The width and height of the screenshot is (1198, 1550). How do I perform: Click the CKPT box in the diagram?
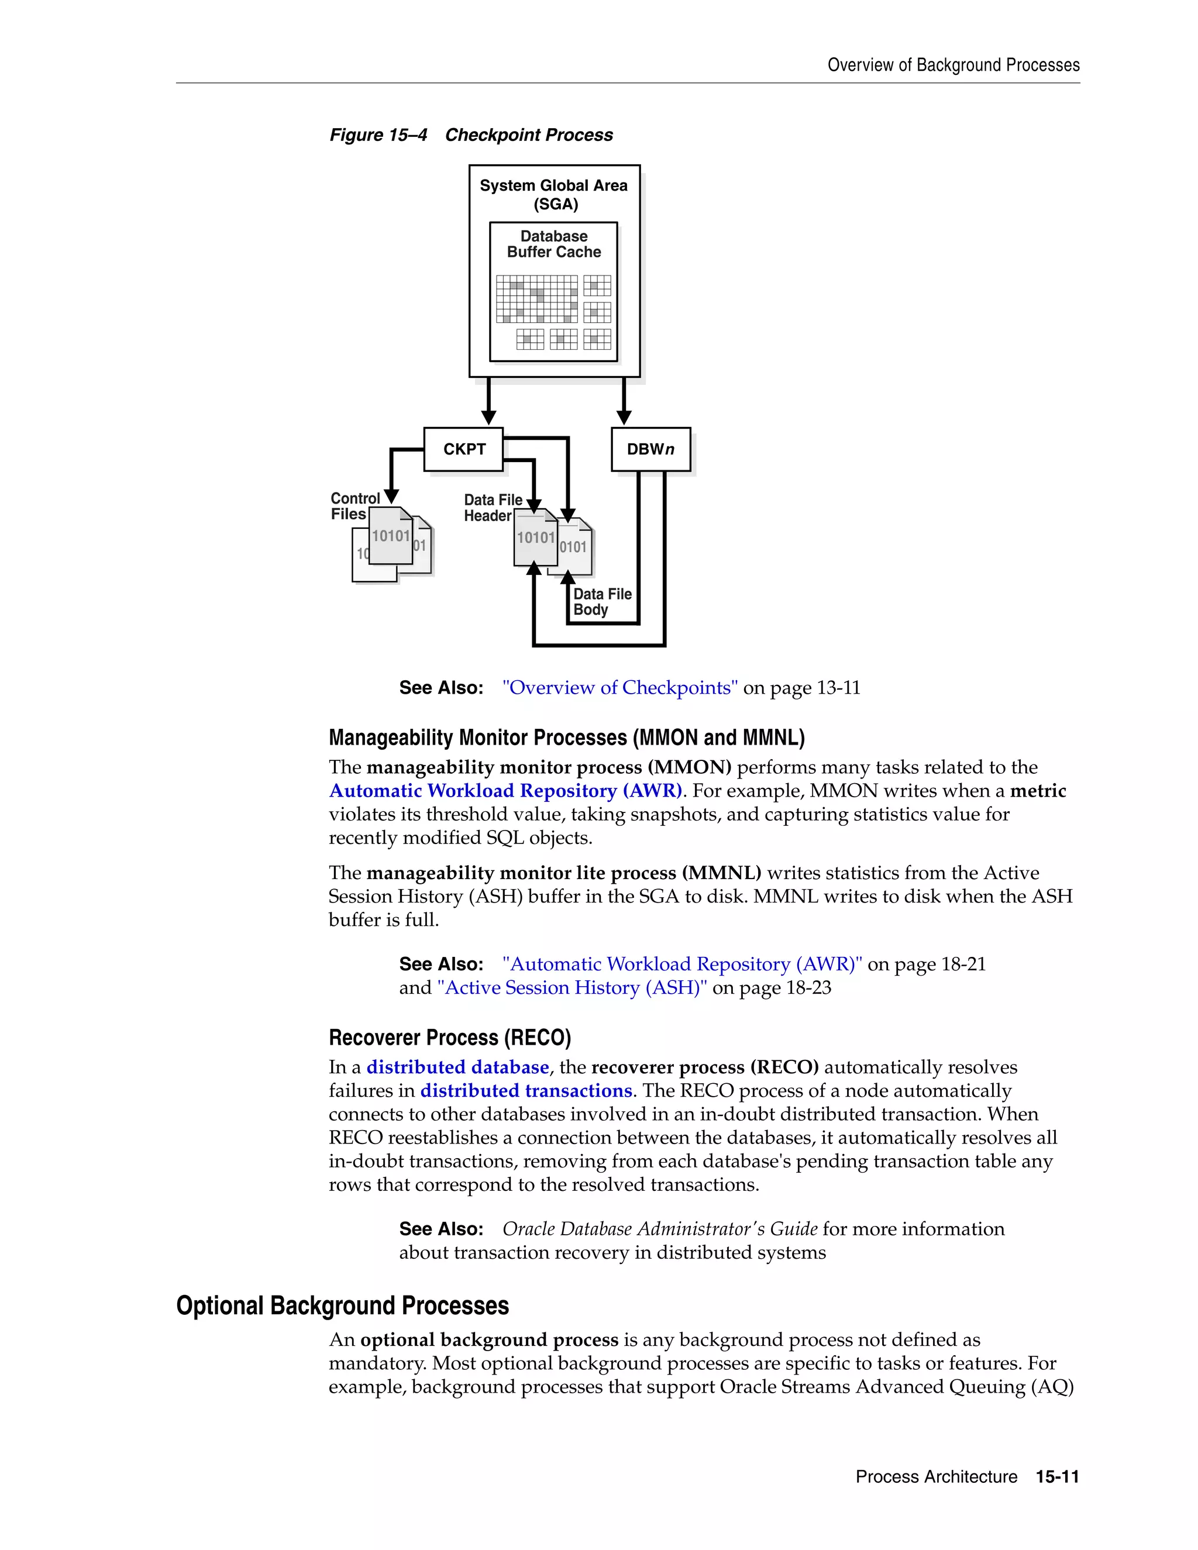pos(463,449)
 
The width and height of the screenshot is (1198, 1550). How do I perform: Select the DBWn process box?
pos(650,449)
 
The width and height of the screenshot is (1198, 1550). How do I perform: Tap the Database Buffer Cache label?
pos(553,244)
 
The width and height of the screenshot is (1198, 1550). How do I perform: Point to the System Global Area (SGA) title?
pos(553,194)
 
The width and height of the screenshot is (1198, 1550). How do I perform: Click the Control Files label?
pos(354,506)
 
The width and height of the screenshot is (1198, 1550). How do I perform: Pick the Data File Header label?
pos(493,508)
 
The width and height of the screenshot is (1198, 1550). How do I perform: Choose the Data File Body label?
pos(602,602)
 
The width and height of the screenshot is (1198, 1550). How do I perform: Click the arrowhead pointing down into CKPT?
pos(488,416)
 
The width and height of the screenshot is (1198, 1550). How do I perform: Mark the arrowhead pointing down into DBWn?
pos(624,416)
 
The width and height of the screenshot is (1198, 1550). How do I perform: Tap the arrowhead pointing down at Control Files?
pos(391,497)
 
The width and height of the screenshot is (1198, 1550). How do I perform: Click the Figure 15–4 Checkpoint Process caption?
pos(470,135)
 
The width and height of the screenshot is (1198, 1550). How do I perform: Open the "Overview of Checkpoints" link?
pos(619,688)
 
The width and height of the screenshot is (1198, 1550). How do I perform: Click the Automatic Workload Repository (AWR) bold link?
pos(505,791)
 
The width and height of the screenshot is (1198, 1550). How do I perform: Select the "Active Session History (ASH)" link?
pos(572,988)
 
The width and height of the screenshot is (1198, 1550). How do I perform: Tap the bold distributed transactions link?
pos(526,1091)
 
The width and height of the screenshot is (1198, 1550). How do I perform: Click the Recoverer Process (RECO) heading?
pos(450,1038)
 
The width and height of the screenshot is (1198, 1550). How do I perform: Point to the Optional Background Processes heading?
pos(343,1306)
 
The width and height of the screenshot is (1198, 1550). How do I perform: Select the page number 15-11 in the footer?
pos(1058,1477)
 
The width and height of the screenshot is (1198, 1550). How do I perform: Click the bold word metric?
pos(1038,791)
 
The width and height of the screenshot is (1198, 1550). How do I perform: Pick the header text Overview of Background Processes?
pos(953,66)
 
